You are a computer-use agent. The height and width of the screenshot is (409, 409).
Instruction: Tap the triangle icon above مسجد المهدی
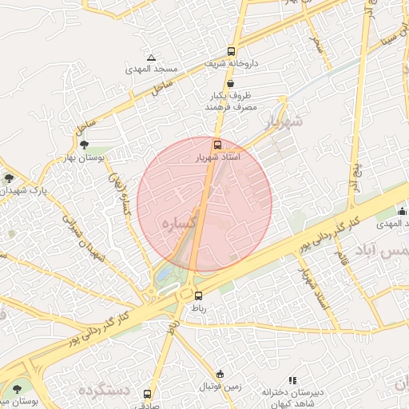click(x=151, y=58)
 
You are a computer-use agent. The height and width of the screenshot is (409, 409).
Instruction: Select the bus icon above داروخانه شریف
click(x=231, y=50)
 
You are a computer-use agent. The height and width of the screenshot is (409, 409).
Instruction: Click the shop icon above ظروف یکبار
click(x=230, y=83)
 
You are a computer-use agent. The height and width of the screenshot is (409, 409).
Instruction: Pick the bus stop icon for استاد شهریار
click(x=217, y=145)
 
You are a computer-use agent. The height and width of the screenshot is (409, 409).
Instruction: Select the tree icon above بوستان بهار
click(x=84, y=145)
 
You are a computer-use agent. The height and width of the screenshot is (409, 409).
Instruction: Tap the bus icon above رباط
click(x=198, y=296)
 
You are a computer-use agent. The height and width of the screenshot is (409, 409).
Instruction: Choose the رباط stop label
click(x=197, y=308)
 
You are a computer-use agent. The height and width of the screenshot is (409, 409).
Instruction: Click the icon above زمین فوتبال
click(x=221, y=374)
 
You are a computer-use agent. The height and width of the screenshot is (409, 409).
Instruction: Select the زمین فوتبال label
click(x=220, y=386)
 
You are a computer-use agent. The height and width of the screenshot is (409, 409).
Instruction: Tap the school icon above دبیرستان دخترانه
click(x=292, y=380)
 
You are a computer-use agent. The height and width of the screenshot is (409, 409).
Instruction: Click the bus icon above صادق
click(x=147, y=394)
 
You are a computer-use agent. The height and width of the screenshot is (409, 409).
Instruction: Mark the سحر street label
click(x=317, y=42)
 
